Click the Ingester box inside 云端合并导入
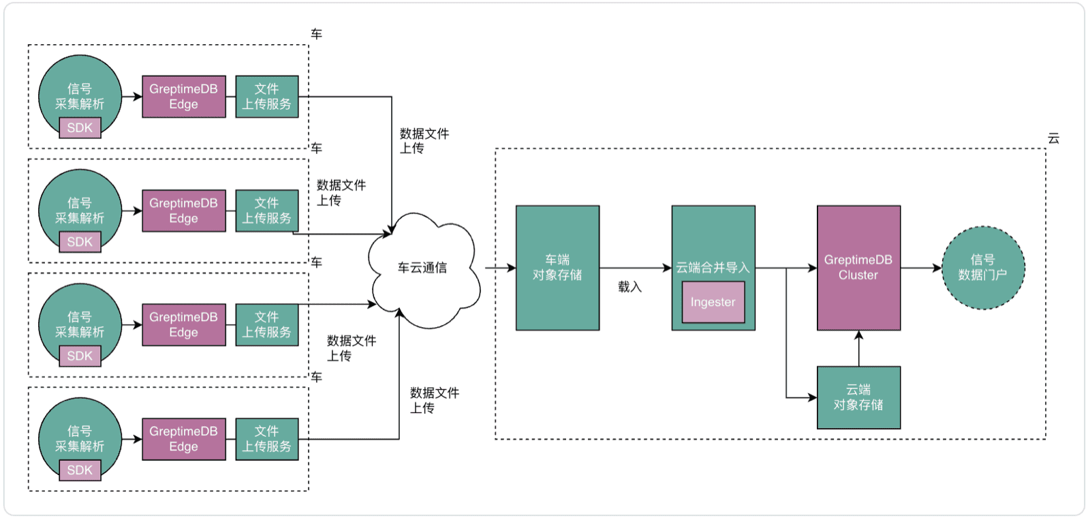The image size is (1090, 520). pyautogui.click(x=713, y=302)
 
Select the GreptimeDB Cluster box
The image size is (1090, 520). pyautogui.click(x=858, y=268)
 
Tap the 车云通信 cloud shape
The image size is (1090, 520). pyautogui.click(x=422, y=269)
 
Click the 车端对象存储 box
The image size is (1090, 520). pyautogui.click(x=557, y=268)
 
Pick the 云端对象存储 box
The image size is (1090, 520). pyautogui.click(x=858, y=397)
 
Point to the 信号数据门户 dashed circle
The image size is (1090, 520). pyautogui.click(x=983, y=268)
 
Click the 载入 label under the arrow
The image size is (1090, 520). pyautogui.click(x=629, y=287)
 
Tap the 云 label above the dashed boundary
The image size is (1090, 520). pyautogui.click(x=1053, y=138)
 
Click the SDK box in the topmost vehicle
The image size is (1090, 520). pyautogui.click(x=80, y=127)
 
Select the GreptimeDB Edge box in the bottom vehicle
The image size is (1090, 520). pyautogui.click(x=183, y=439)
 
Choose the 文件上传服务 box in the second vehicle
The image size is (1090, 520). pyautogui.click(x=266, y=211)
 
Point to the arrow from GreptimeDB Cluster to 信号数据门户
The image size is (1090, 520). pyautogui.click(x=921, y=268)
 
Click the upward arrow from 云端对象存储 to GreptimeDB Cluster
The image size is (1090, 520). pyautogui.click(x=858, y=348)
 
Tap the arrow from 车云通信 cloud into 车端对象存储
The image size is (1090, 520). pyautogui.click(x=499, y=268)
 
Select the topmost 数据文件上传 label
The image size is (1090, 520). pyautogui.click(x=424, y=140)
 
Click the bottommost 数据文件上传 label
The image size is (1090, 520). pyautogui.click(x=434, y=400)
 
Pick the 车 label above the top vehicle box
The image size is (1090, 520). pyautogui.click(x=316, y=34)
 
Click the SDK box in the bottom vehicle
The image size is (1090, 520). pyautogui.click(x=80, y=470)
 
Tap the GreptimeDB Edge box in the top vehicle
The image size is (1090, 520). pyautogui.click(x=183, y=97)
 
